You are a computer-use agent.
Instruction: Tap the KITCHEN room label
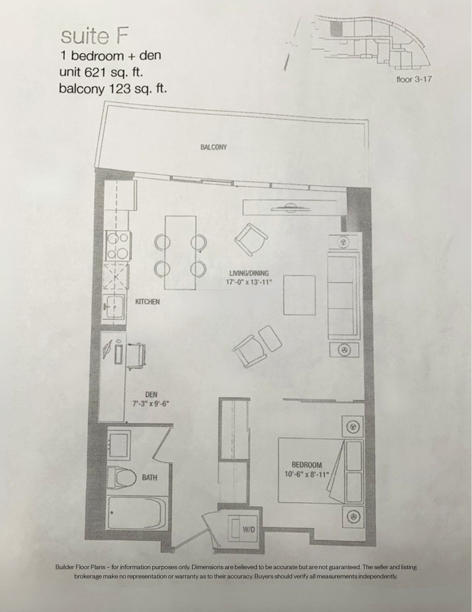[x=147, y=302]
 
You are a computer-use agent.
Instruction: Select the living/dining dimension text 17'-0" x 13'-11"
[x=249, y=282]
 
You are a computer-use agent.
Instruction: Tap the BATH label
[x=149, y=477]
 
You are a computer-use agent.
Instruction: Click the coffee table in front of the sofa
[x=299, y=295]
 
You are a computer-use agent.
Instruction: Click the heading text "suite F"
[x=94, y=36]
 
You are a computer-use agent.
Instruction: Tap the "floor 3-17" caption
[x=414, y=79]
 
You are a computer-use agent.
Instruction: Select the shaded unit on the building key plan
[x=336, y=29]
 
